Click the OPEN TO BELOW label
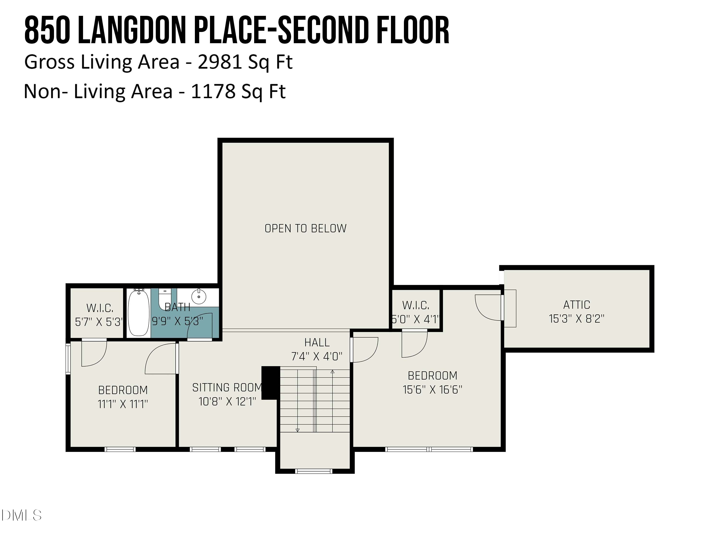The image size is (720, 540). (x=305, y=228)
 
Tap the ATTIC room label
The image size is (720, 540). (x=576, y=305)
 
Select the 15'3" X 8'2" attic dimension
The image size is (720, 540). (x=576, y=319)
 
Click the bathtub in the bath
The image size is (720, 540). (x=139, y=312)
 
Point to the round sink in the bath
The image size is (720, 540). (x=198, y=296)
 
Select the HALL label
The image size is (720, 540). (x=317, y=342)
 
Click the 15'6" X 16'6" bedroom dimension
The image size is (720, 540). (x=432, y=390)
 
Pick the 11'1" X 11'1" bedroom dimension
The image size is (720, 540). (x=123, y=404)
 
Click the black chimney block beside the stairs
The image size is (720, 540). (x=271, y=383)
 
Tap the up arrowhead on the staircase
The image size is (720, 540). (x=332, y=371)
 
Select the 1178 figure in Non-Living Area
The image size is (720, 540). (x=213, y=91)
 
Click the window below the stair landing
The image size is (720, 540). (x=314, y=471)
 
